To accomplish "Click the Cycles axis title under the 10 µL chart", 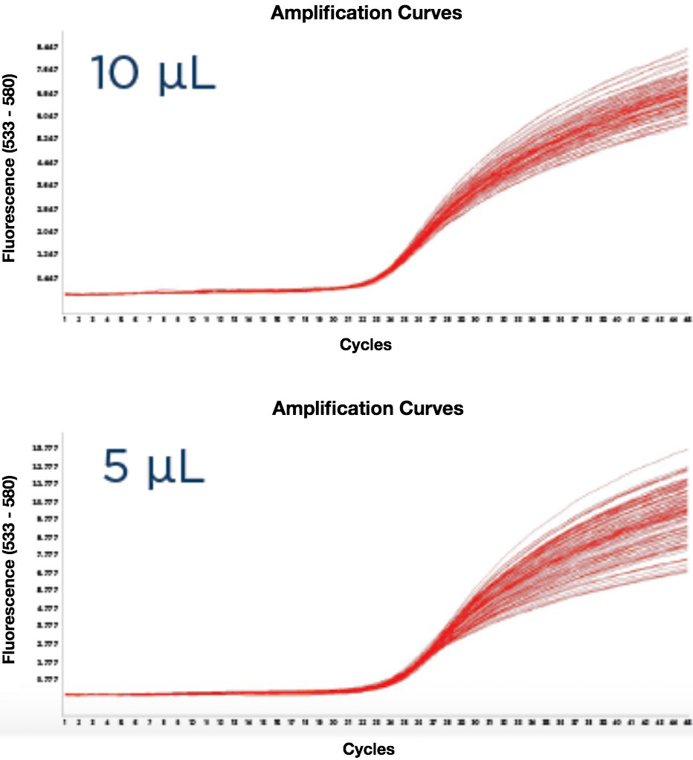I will [365, 344].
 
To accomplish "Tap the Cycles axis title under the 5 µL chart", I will [369, 747].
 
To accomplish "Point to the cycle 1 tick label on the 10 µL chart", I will [65, 319].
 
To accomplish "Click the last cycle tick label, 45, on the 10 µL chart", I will [688, 319].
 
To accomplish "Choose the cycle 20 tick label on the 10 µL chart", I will [333, 319].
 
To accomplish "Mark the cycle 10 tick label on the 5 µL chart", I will [193, 722].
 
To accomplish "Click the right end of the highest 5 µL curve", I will [689, 450].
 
